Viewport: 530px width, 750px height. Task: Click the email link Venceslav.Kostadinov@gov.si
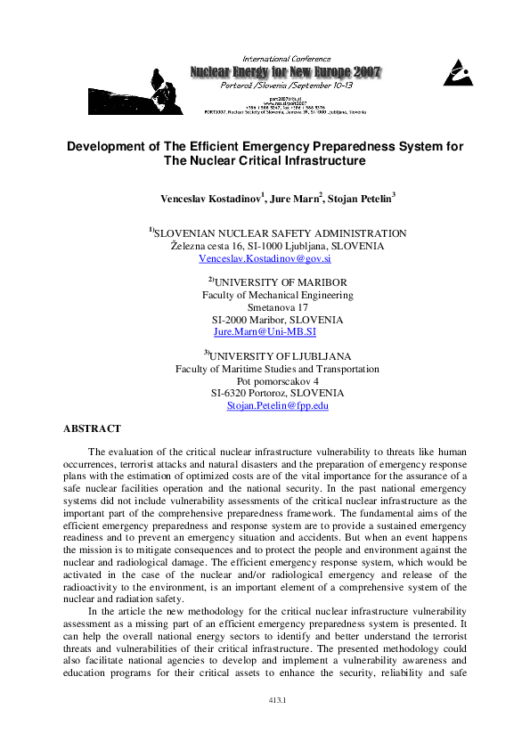click(265, 258)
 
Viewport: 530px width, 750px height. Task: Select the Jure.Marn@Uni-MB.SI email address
click(265, 331)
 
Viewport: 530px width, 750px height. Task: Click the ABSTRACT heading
click(92, 428)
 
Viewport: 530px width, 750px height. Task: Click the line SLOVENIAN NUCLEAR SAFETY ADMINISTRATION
click(281, 233)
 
